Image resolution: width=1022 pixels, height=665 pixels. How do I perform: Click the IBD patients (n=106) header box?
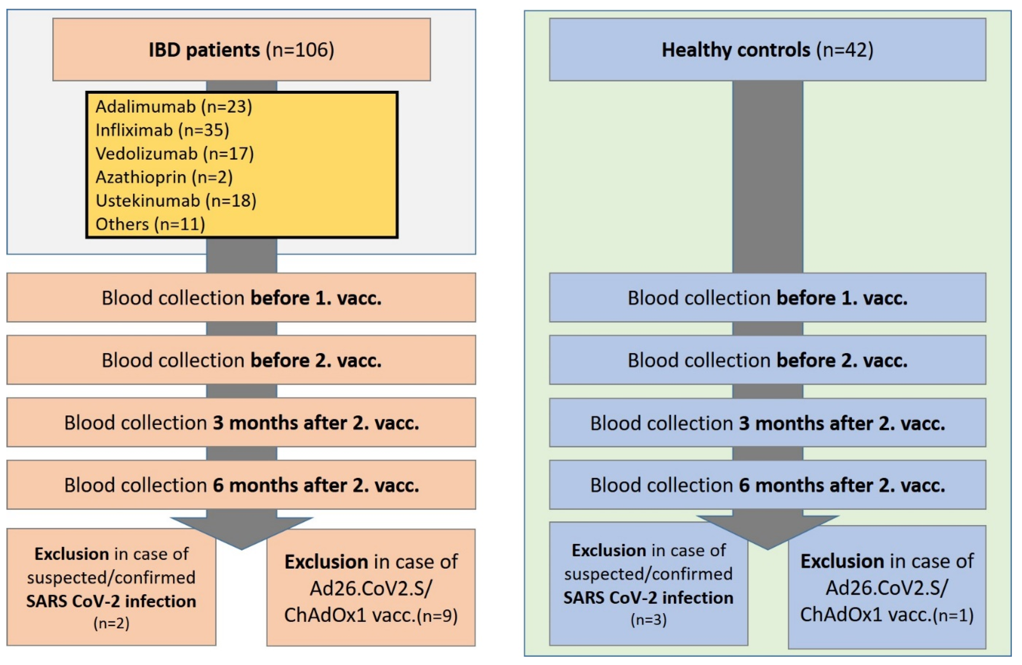(x=241, y=50)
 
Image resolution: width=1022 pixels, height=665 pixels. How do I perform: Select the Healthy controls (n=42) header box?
(x=767, y=50)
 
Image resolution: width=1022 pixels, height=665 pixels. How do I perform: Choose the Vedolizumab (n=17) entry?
(x=174, y=153)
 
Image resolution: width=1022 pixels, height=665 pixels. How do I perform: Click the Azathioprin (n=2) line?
(x=164, y=177)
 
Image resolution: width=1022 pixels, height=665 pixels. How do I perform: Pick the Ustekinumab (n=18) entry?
(x=176, y=201)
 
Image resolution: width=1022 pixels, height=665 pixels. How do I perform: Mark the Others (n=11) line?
(x=150, y=224)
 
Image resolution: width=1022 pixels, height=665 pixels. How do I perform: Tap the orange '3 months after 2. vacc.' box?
(x=241, y=423)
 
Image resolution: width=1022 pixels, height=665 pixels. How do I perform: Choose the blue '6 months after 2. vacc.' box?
(x=767, y=485)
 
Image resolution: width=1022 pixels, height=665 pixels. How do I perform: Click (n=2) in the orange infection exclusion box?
(x=111, y=623)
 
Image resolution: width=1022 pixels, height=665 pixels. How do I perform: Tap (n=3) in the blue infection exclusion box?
(x=648, y=619)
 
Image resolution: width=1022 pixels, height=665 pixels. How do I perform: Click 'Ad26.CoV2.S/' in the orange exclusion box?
(x=370, y=588)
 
